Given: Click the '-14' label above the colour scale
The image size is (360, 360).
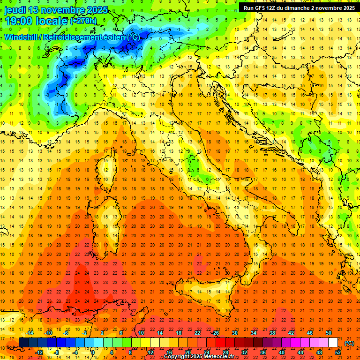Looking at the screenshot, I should [x=30, y=332].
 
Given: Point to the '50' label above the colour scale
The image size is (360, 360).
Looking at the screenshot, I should [x=329, y=332].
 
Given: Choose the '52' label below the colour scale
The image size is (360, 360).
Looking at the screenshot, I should [x=338, y=352].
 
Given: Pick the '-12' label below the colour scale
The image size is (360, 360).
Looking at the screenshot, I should [x=39, y=352].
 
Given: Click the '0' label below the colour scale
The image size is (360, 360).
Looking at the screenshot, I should [x=93, y=352].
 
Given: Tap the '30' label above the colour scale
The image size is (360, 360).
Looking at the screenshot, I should [x=234, y=332].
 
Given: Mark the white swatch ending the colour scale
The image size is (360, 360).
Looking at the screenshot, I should [x=333, y=343].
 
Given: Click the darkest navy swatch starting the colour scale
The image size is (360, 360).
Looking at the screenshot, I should [x=23, y=343].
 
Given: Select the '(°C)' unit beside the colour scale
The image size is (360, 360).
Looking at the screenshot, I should [x=349, y=343].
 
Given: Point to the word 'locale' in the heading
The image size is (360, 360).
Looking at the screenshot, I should [x=52, y=21].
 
